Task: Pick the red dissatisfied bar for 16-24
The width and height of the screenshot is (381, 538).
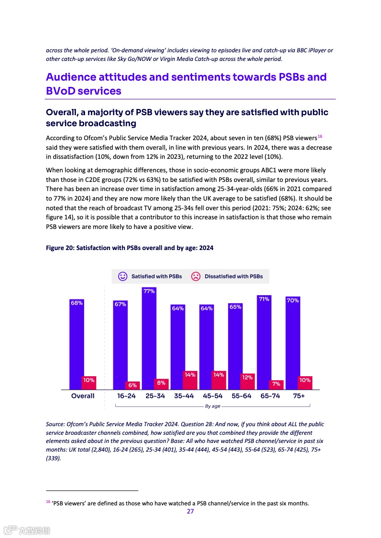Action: pos(132,385)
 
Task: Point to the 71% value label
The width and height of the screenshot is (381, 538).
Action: pos(264,299)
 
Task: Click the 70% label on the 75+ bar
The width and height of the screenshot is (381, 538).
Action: pos(293,300)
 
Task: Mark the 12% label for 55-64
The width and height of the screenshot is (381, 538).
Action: pos(247,377)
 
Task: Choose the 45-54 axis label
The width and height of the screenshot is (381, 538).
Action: pos(212,396)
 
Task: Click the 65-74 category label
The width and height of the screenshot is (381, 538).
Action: pos(270,396)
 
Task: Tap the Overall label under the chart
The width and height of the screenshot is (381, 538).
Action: pos(83,396)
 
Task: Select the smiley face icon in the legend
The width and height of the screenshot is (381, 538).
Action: pos(123,276)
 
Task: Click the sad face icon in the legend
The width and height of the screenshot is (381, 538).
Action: pos(196,276)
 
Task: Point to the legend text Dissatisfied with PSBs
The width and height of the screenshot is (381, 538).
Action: pos(234,276)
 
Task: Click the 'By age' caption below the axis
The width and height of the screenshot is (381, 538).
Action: pos(212,406)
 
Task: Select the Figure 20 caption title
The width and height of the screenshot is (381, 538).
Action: pos(129,248)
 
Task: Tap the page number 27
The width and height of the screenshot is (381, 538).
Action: pos(190,511)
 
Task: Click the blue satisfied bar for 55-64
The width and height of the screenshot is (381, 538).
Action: pos(235,346)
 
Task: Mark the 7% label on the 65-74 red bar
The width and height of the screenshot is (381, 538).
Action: pos(276,384)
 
